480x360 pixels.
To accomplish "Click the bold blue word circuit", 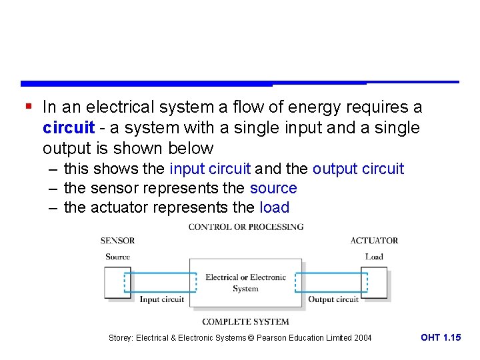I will [x=69, y=127].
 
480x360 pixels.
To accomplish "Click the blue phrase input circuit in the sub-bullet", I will [x=210, y=169].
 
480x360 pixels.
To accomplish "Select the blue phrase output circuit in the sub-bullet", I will [x=358, y=169].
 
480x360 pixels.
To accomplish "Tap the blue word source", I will [x=273, y=189].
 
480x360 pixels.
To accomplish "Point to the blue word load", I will [x=274, y=208].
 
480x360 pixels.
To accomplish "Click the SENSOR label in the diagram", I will [x=117, y=241].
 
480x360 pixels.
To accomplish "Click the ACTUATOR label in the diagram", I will [x=374, y=241].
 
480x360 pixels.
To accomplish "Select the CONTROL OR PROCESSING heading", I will [x=246, y=227].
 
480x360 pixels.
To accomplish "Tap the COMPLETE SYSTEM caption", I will [x=245, y=321].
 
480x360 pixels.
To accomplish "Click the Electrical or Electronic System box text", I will [x=245, y=283].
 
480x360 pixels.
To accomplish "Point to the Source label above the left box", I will [x=117, y=257].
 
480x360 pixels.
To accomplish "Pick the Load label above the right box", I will [x=374, y=257].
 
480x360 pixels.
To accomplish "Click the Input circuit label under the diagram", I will [x=161, y=299].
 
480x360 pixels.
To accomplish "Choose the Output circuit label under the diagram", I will [x=333, y=299].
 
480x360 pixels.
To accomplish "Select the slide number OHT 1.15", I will [x=440, y=338].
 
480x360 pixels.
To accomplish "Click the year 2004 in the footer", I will [x=363, y=338].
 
